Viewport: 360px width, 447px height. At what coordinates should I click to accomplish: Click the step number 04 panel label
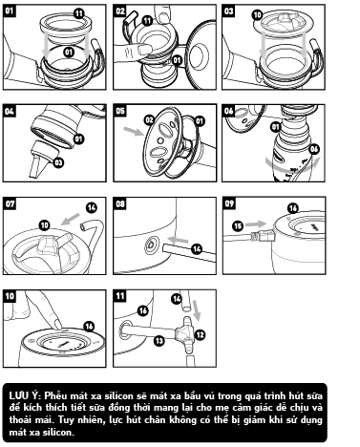[10, 112]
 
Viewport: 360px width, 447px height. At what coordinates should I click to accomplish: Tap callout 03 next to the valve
[59, 162]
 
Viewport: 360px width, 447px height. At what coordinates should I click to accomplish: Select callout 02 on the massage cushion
[149, 120]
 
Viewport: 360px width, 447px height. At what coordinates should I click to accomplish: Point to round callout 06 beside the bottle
[314, 149]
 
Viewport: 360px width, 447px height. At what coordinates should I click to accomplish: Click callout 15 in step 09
[238, 226]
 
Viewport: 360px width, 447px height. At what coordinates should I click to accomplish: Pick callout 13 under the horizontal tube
[159, 341]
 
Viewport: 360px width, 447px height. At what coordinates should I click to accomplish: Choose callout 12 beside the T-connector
[200, 334]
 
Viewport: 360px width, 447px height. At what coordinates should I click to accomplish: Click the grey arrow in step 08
[178, 240]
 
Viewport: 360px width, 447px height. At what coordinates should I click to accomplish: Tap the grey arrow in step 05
[134, 131]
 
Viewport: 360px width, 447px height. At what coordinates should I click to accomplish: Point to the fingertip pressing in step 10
[57, 325]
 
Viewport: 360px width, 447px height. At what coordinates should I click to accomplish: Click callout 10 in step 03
[258, 14]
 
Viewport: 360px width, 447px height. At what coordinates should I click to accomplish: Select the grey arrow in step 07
[70, 219]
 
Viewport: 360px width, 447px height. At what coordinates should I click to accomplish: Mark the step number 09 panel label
[229, 203]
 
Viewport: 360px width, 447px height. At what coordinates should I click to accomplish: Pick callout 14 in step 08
[198, 249]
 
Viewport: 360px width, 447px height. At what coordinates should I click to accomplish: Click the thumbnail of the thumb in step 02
[144, 49]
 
